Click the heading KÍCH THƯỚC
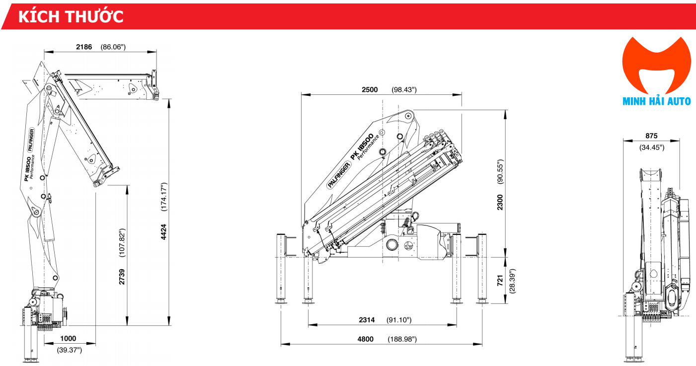point(71,16)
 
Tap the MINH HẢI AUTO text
point(656,101)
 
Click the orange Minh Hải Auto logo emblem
point(656,65)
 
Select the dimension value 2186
point(84,47)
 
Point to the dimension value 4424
point(164,231)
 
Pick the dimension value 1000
point(68,339)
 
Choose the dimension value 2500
point(369,90)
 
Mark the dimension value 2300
point(500,202)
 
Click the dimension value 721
point(500,281)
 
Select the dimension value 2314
point(367,320)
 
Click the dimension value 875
point(651,136)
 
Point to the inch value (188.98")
point(402,339)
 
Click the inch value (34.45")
point(651,147)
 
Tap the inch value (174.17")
point(164,197)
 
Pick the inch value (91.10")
point(399,320)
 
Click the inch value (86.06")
point(114,47)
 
